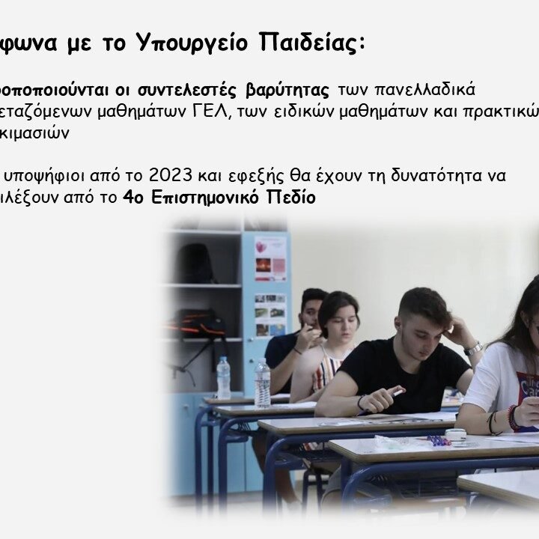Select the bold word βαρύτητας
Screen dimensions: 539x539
click(x=287, y=91)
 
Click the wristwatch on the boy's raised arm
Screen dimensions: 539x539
click(x=473, y=348)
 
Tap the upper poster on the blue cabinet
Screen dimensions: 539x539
click(x=269, y=258)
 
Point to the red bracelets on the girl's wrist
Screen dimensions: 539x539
click(x=514, y=417)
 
